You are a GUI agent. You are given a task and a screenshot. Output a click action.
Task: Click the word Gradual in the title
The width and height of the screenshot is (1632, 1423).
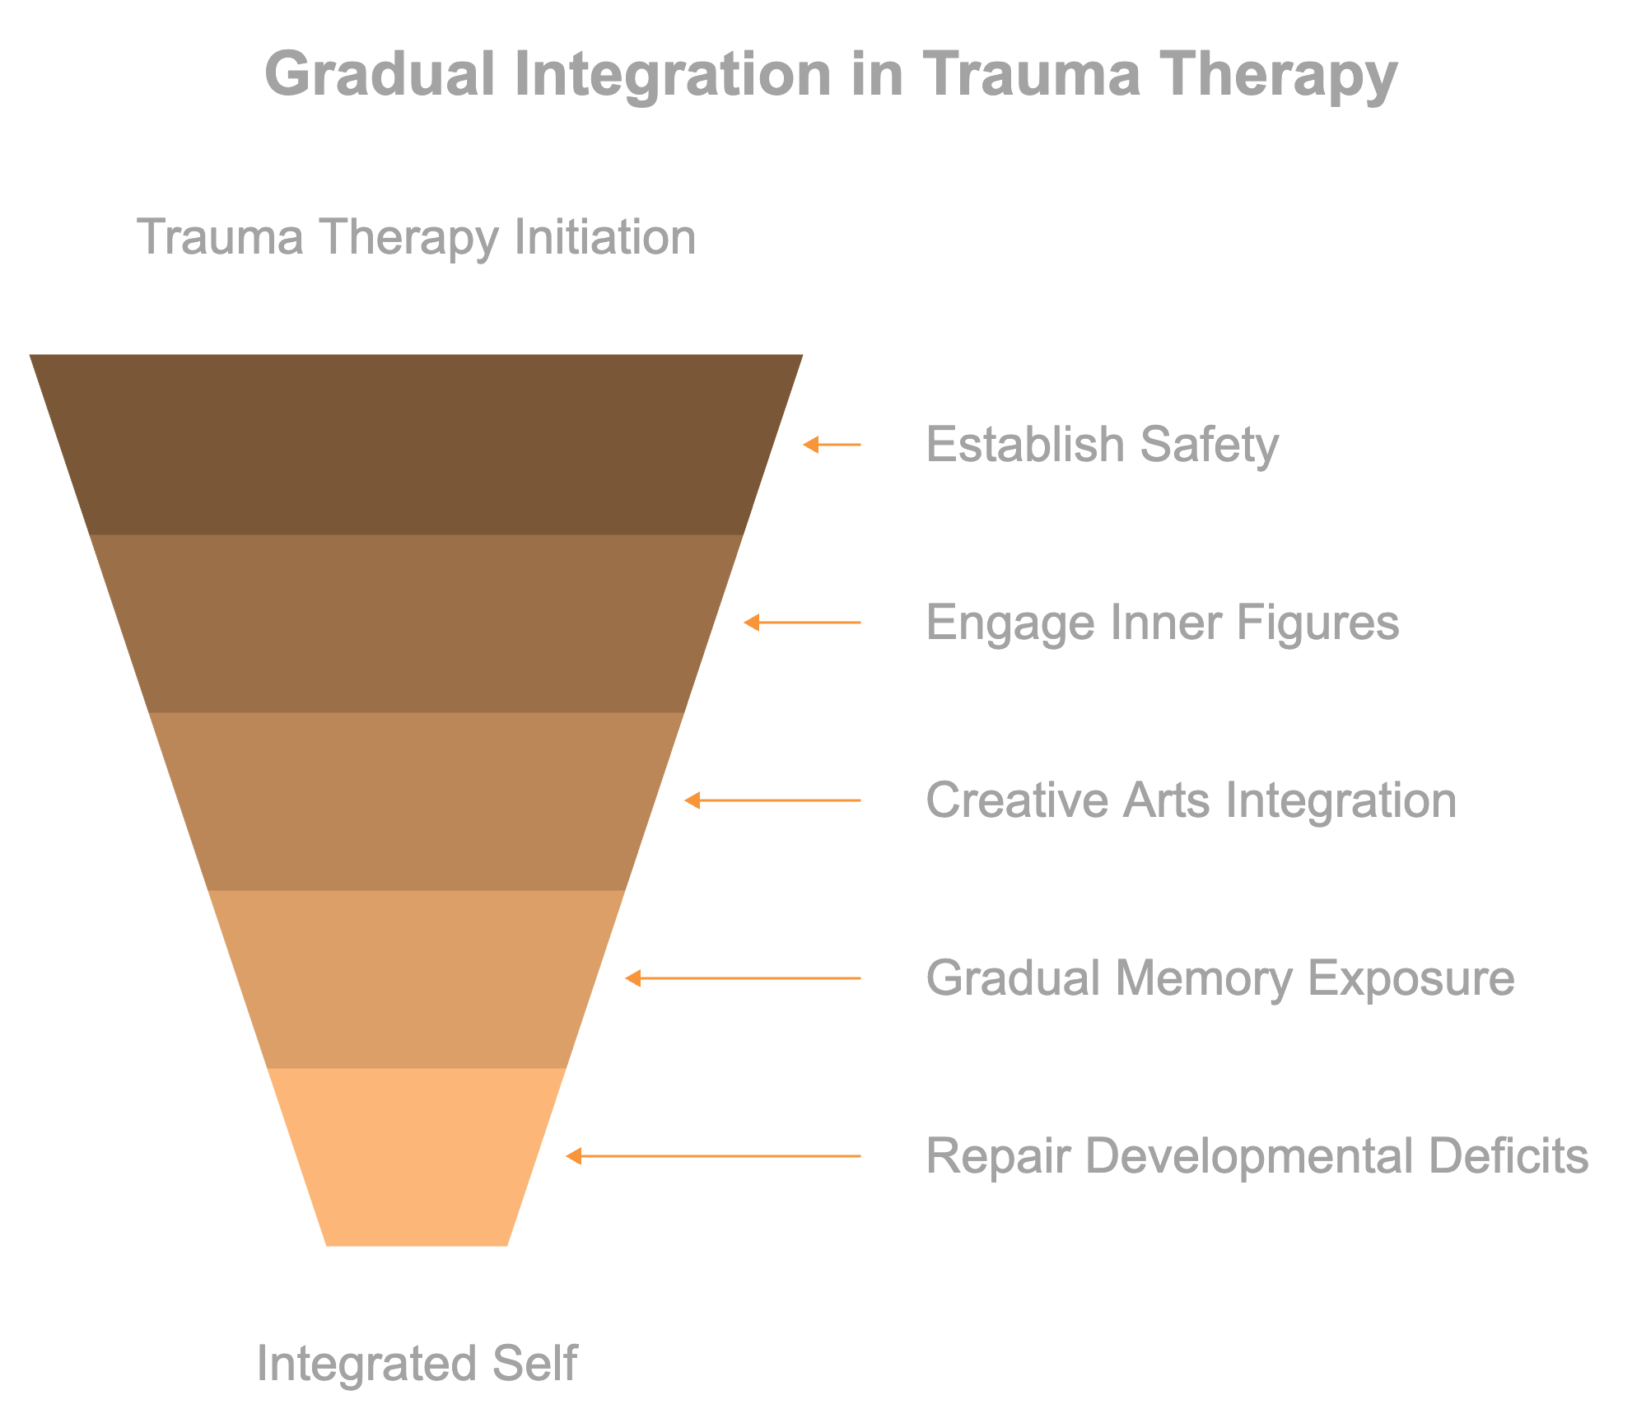(x=380, y=74)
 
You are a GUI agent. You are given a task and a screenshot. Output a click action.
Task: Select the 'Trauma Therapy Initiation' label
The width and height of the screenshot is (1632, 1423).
(x=417, y=237)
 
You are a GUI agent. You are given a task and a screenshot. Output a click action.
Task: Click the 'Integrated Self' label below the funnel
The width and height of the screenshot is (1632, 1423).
(x=417, y=1363)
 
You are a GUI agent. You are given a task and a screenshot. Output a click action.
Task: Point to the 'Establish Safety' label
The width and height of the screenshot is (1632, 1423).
(x=1102, y=446)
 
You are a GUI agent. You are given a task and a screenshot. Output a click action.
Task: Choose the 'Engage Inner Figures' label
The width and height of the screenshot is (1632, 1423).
(x=1162, y=623)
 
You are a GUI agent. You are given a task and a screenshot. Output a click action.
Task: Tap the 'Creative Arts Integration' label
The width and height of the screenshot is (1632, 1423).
(x=1191, y=800)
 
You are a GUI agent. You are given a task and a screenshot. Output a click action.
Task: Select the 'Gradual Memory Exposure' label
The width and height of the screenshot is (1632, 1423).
(x=1219, y=978)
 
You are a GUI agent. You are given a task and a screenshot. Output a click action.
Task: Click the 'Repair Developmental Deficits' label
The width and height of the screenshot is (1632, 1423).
(x=1257, y=1156)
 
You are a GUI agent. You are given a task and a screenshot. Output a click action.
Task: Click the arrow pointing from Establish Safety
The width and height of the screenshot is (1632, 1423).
(x=832, y=445)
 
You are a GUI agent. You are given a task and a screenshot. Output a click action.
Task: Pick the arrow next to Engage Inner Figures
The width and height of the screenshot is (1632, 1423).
(x=802, y=623)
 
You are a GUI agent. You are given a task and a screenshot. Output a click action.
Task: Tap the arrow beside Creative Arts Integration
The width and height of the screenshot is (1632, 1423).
(x=772, y=800)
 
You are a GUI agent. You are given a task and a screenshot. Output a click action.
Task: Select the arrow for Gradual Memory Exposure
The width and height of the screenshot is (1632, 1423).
(x=743, y=978)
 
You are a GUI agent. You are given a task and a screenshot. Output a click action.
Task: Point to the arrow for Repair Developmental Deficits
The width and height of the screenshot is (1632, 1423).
(x=713, y=1156)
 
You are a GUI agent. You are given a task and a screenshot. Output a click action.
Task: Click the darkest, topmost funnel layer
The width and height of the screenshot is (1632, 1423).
(x=417, y=445)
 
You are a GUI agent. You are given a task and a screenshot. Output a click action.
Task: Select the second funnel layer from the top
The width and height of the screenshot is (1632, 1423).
(x=417, y=623)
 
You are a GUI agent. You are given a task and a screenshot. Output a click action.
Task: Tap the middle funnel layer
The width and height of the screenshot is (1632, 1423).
(x=417, y=801)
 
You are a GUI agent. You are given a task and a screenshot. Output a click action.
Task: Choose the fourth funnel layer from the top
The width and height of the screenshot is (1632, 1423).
(x=417, y=979)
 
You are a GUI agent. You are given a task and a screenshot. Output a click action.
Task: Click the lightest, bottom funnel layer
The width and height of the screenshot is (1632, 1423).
(x=417, y=1157)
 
